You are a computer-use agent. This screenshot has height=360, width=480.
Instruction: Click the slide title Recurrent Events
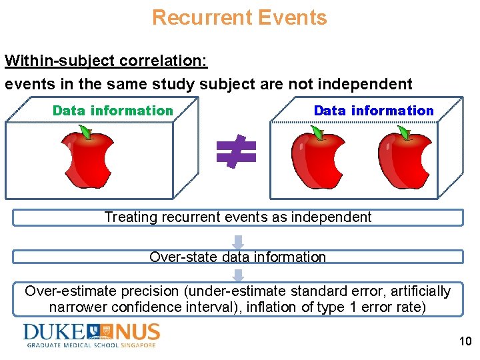pyautogui.click(x=239, y=17)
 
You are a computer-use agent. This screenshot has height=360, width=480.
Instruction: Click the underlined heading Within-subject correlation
pyautogui.click(x=106, y=61)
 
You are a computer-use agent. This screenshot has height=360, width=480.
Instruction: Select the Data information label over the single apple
pyautogui.click(x=113, y=111)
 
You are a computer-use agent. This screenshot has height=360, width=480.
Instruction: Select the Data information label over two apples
pyautogui.click(x=373, y=111)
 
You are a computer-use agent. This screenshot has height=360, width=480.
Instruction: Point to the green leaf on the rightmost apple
pyautogui.click(x=403, y=133)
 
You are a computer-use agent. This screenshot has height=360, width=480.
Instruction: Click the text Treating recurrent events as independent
pyautogui.click(x=238, y=217)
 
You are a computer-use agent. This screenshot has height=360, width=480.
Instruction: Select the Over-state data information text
pyautogui.click(x=238, y=257)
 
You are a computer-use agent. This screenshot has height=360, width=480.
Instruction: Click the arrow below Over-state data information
pyautogui.click(x=238, y=274)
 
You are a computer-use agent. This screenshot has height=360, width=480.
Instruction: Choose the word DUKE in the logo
pyautogui.click(x=53, y=331)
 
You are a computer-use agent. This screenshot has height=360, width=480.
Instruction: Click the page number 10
pyautogui.click(x=465, y=342)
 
